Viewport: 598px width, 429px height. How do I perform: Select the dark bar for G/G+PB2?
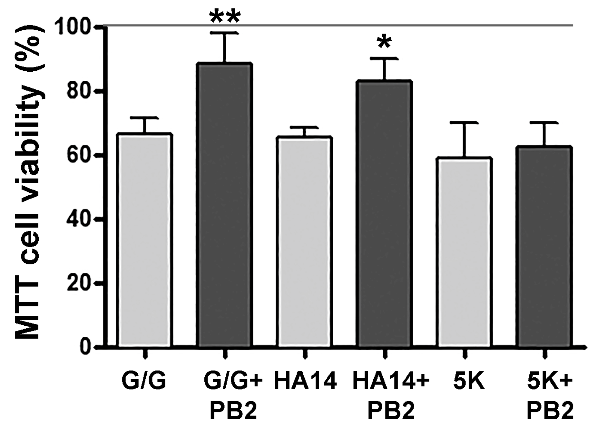pos(225,205)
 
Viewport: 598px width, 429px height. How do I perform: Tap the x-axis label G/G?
pos(144,382)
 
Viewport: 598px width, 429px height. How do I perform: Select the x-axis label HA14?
pos(305,382)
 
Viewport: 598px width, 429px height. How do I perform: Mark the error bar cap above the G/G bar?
pos(146,117)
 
